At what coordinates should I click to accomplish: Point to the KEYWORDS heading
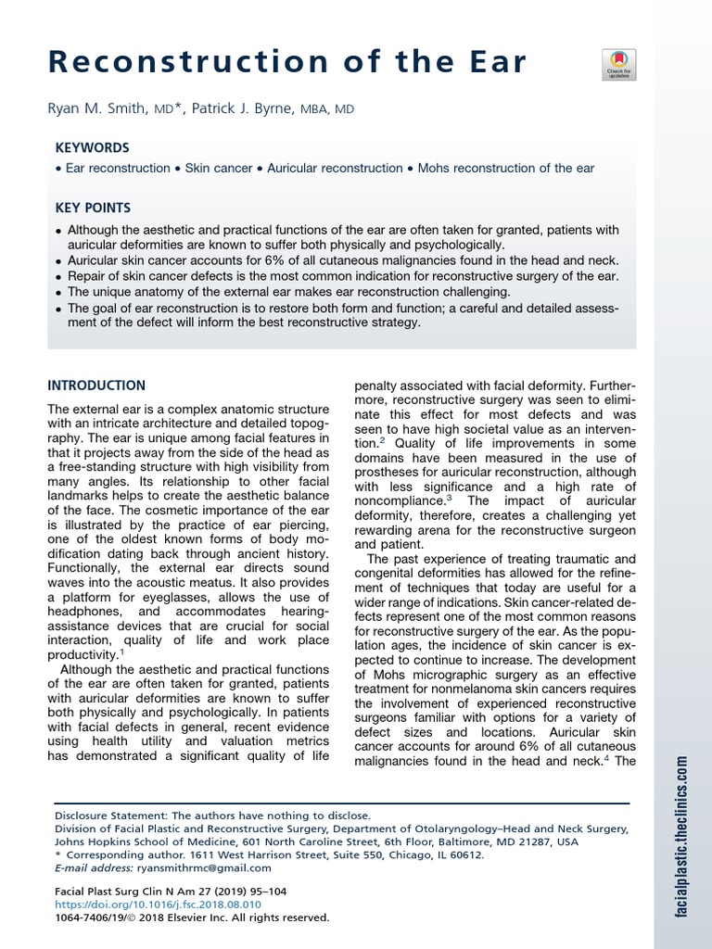click(x=92, y=148)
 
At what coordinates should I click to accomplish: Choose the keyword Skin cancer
click(x=218, y=169)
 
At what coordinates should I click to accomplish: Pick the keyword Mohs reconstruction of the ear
click(x=506, y=169)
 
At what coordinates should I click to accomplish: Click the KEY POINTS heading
click(x=93, y=209)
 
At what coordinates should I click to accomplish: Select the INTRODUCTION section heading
click(x=96, y=386)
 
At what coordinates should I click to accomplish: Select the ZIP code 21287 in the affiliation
click(x=537, y=842)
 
